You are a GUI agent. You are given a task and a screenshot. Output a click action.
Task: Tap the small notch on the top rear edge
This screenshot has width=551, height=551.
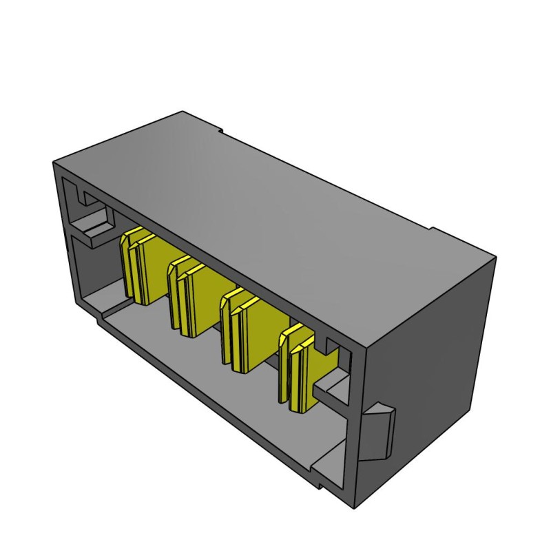[x=218, y=129]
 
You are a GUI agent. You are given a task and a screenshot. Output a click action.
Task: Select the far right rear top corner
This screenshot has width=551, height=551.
[x=495, y=256]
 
